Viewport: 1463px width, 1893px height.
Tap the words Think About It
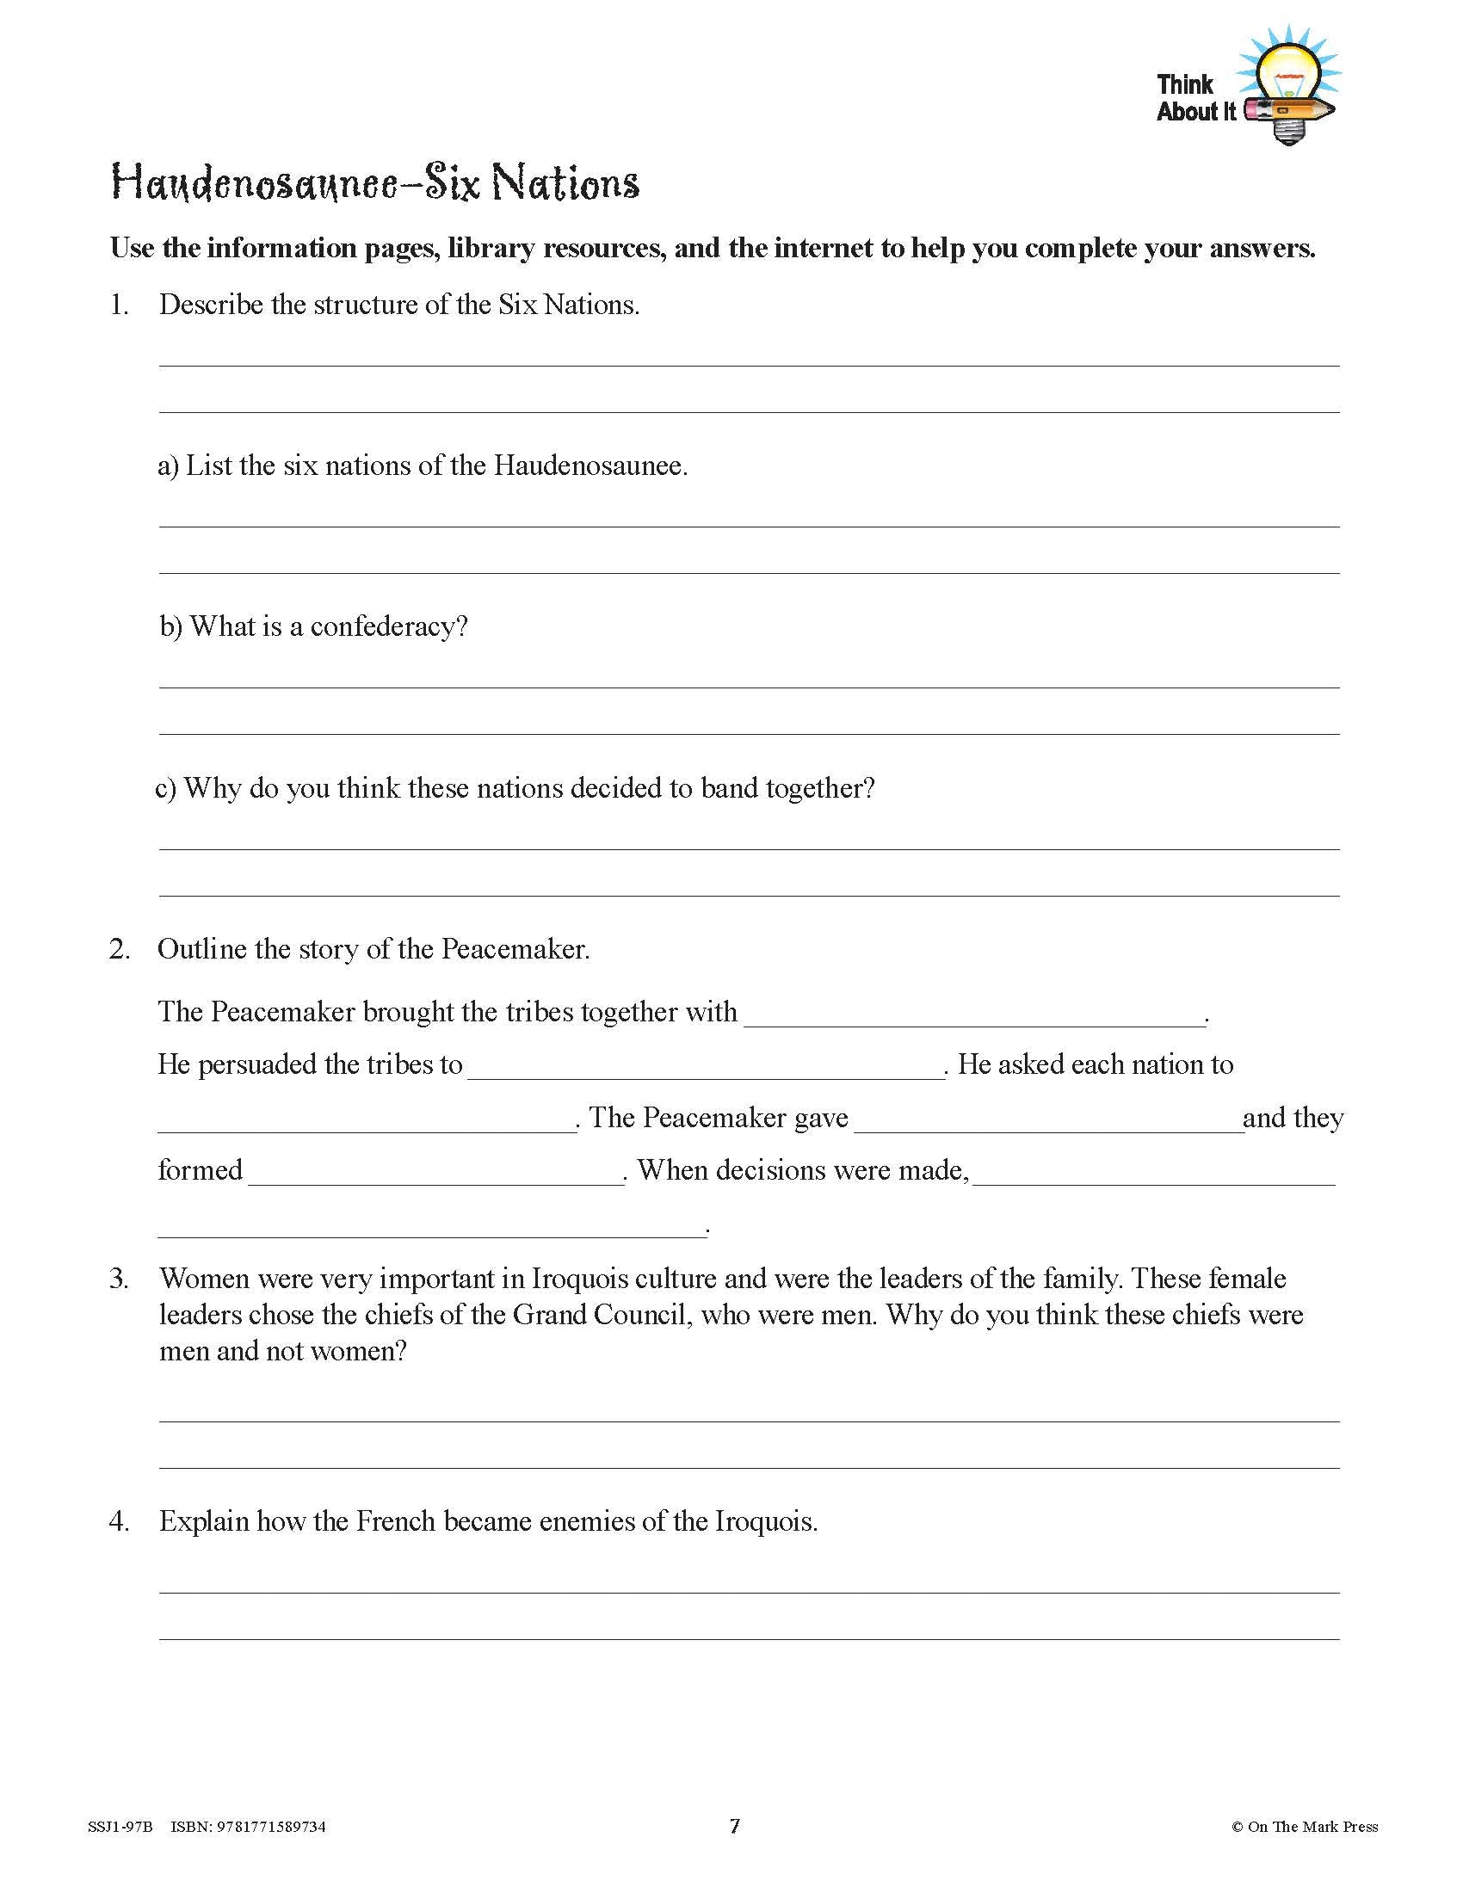[x=1195, y=98]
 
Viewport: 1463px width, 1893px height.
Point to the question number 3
[x=119, y=1279]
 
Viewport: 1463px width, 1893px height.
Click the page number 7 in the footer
[x=734, y=1826]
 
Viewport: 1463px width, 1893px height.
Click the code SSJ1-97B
[x=120, y=1827]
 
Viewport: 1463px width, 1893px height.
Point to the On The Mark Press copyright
[x=1305, y=1827]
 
